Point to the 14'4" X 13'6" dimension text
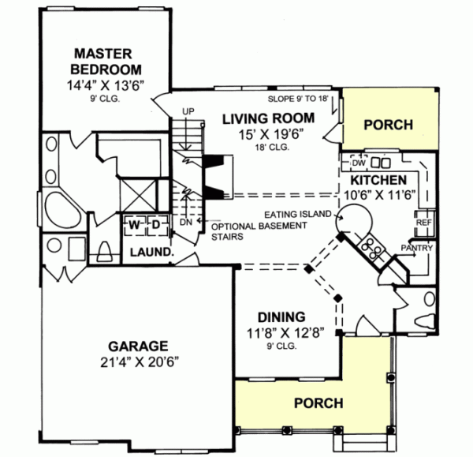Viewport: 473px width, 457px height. click(101, 88)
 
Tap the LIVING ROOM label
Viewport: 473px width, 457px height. click(267, 119)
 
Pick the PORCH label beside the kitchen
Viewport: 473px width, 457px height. click(390, 124)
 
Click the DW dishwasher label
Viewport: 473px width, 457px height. click(358, 163)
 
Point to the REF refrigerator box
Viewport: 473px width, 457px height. click(423, 223)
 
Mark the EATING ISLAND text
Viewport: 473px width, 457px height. click(300, 214)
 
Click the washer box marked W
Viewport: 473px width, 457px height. click(135, 225)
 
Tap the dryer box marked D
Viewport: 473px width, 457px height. click(156, 225)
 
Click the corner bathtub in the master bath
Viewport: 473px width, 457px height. click(58, 210)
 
